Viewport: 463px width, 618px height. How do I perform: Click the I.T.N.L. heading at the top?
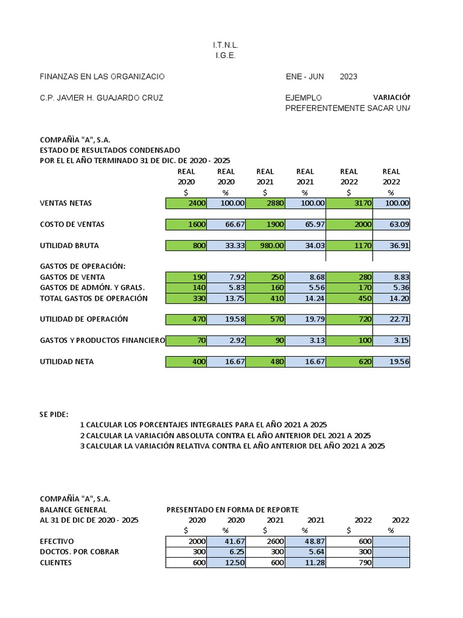[x=226, y=45]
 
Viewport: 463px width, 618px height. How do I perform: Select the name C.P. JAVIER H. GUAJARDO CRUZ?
[x=101, y=98]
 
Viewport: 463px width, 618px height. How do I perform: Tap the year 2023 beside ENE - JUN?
[x=348, y=77]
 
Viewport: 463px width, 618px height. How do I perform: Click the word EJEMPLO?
[x=304, y=98]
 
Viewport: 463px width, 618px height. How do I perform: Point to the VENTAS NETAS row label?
[x=66, y=203]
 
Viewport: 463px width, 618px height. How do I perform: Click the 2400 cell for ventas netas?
[x=186, y=203]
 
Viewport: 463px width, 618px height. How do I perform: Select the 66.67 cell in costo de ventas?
[x=227, y=225]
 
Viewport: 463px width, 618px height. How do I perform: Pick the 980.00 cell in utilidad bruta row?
[x=266, y=246]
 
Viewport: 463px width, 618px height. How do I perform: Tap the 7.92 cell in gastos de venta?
[x=227, y=277]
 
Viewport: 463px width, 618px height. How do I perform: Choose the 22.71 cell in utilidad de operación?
[x=391, y=319]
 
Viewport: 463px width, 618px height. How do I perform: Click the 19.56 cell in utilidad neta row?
[x=391, y=362]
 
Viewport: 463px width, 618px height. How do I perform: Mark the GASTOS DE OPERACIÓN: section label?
[x=82, y=266]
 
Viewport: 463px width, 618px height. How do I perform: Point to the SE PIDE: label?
[x=54, y=414]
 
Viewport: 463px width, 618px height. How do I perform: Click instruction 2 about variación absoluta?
[x=225, y=436]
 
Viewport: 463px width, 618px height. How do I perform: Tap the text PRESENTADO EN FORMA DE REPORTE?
[x=232, y=510]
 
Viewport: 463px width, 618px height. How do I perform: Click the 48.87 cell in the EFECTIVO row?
[x=306, y=541]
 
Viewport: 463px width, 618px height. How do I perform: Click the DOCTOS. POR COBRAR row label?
[x=79, y=552]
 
